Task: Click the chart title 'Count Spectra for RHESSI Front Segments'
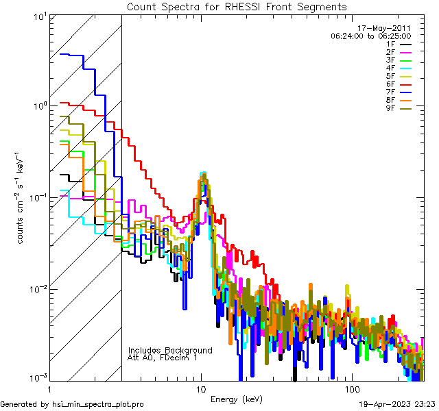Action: tap(236, 6)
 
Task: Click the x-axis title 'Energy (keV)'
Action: tap(236, 399)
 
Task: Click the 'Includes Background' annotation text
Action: tap(170, 350)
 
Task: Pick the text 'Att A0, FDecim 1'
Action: tap(163, 358)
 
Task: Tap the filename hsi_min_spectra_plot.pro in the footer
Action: tap(98, 404)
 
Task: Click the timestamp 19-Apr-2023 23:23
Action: tap(396, 404)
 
